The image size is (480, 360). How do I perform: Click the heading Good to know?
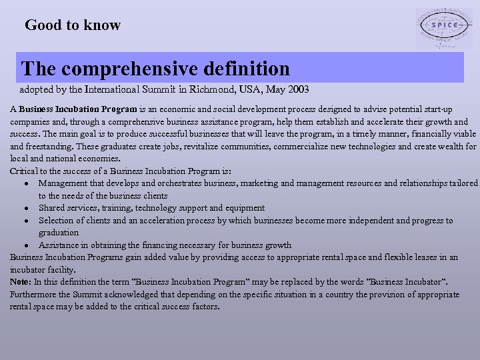73,25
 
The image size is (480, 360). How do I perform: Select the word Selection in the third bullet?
57,220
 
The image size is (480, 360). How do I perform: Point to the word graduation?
59,233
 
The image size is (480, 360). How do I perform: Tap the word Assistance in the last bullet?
59,245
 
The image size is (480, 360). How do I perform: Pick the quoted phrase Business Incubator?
405,282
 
